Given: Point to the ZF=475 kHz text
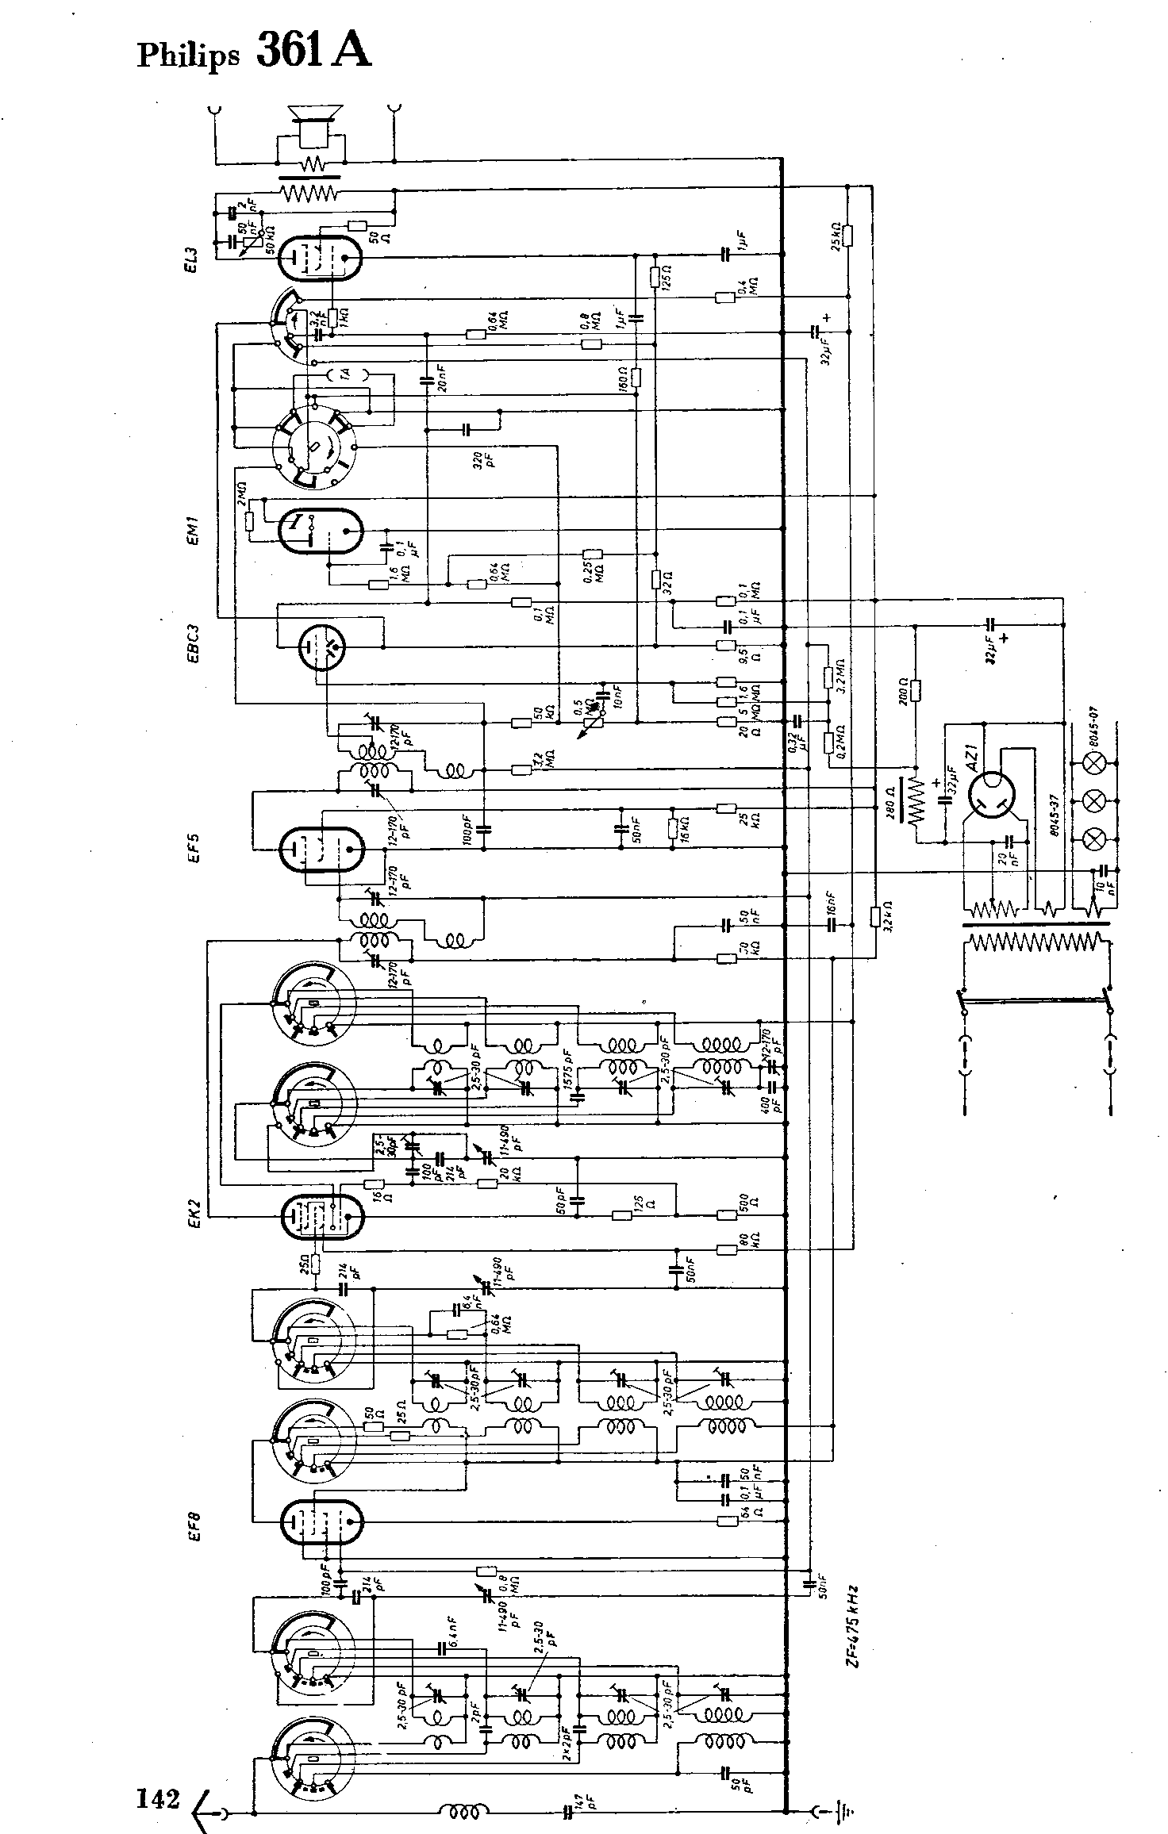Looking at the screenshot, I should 855,1618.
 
